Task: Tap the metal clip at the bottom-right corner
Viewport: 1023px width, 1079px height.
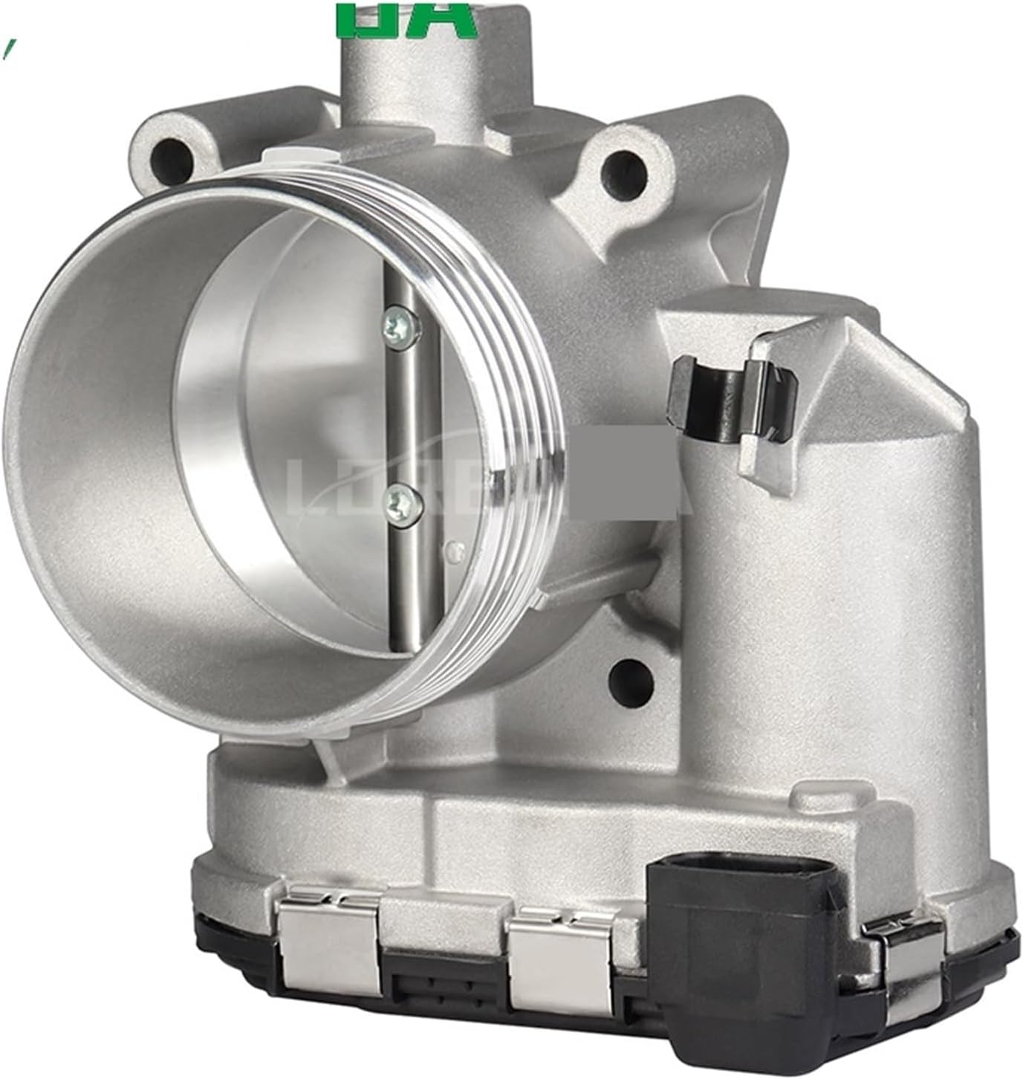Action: [903, 950]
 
